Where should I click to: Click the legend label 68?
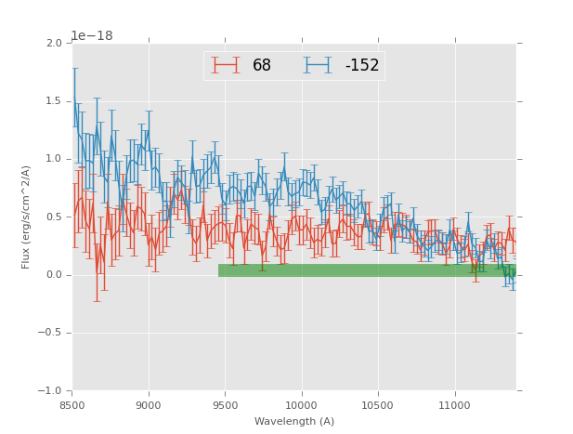coord(262,66)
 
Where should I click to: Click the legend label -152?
coord(362,66)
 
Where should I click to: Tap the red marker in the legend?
coord(226,65)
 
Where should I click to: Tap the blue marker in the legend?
coord(318,65)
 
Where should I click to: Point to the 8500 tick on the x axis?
coord(72,404)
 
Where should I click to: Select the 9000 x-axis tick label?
coord(149,404)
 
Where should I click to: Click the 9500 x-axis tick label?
coord(225,404)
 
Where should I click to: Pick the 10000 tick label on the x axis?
coord(301,404)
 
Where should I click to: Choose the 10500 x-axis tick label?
coord(377,404)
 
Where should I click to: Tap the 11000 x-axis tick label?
coord(454,404)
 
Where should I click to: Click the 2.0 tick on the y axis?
coord(54,44)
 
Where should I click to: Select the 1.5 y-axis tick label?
coord(54,101)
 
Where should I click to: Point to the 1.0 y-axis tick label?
coord(54,159)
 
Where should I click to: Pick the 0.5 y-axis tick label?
coord(54,217)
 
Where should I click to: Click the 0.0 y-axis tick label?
coord(54,275)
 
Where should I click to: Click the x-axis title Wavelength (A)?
coord(294,422)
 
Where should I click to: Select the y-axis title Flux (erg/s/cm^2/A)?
coord(27,217)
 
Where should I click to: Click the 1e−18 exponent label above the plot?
coord(92,36)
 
